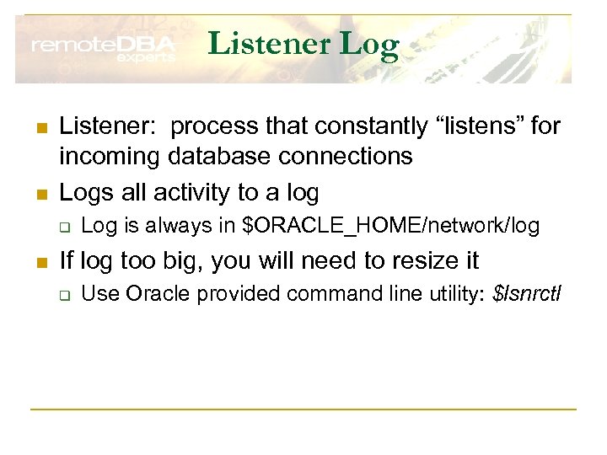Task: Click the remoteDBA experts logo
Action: coord(103,49)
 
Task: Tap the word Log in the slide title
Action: coord(369,44)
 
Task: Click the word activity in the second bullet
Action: coord(180,192)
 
